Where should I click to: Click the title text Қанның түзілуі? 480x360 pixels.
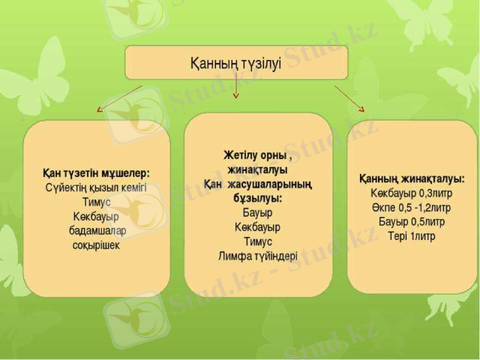pyautogui.click(x=236, y=62)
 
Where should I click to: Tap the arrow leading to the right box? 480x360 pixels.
pyautogui.click(x=349, y=98)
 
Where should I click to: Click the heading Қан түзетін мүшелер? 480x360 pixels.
pyautogui.click(x=96, y=173)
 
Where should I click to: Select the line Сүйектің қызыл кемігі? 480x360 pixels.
pyautogui.click(x=96, y=187)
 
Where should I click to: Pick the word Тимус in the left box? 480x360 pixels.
pyautogui.click(x=96, y=202)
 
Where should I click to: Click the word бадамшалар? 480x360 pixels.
pyautogui.click(x=97, y=230)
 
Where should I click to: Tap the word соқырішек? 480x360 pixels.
pyautogui.click(x=96, y=245)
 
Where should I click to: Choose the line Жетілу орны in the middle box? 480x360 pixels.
pyautogui.click(x=257, y=155)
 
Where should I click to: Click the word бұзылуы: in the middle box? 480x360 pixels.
pyautogui.click(x=257, y=198)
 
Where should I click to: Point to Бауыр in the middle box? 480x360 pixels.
pyautogui.click(x=257, y=212)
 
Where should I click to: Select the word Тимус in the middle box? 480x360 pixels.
pyautogui.click(x=257, y=241)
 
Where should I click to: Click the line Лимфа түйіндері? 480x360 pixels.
pyautogui.click(x=257, y=256)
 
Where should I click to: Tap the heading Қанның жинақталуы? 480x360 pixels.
pyautogui.click(x=412, y=179)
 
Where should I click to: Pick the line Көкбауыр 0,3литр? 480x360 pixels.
pyautogui.click(x=412, y=193)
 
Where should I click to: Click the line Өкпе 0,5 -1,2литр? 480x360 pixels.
pyautogui.click(x=412, y=208)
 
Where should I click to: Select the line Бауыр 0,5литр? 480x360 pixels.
pyautogui.click(x=412, y=222)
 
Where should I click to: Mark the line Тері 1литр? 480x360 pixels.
pyautogui.click(x=412, y=236)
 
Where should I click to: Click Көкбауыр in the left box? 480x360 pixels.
pyautogui.click(x=96, y=216)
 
